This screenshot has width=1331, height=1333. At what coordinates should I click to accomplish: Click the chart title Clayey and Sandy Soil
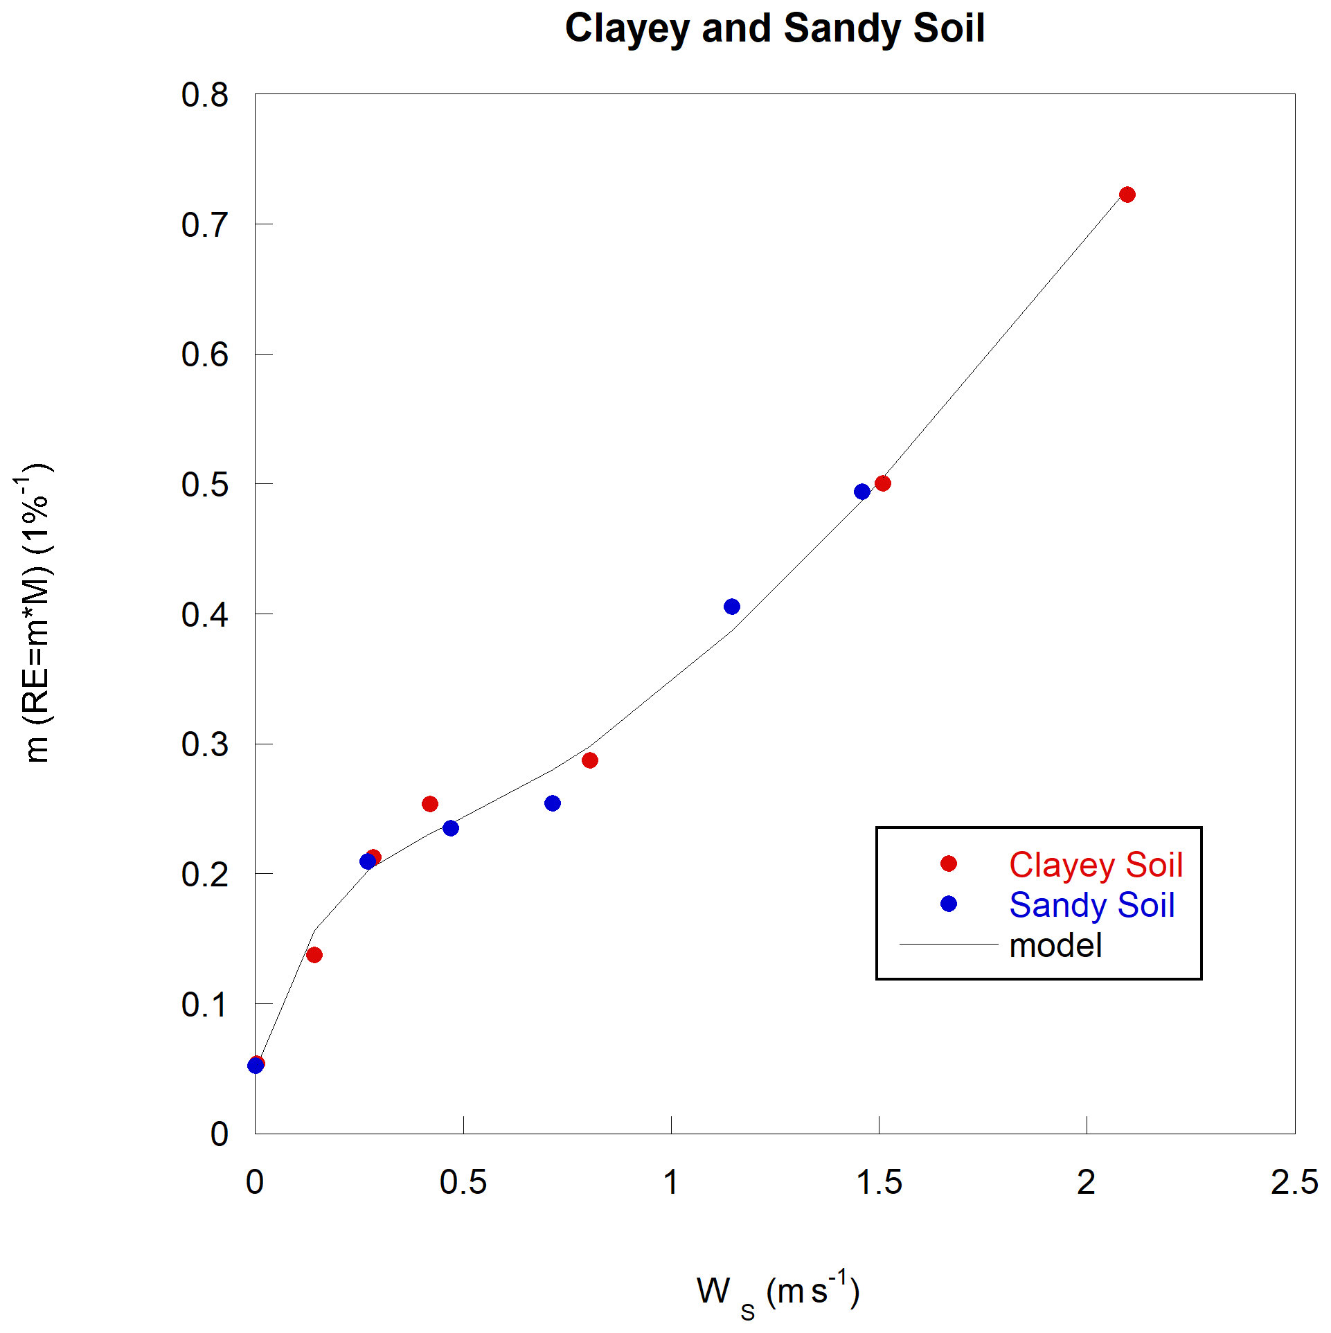click(x=775, y=29)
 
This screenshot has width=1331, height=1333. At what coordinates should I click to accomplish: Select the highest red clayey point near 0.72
click(x=1127, y=195)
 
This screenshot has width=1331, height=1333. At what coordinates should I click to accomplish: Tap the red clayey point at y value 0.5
click(x=882, y=483)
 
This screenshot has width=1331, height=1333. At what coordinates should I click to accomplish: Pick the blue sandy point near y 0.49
click(x=861, y=492)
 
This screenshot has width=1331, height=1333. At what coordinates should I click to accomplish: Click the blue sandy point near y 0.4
click(x=731, y=607)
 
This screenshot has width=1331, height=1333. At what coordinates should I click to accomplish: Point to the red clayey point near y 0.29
click(x=589, y=760)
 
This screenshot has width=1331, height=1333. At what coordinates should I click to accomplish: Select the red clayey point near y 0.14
click(x=314, y=955)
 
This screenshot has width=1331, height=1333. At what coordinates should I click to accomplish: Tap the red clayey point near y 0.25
click(x=429, y=804)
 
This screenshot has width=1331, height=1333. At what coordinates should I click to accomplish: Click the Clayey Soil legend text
click(x=1096, y=865)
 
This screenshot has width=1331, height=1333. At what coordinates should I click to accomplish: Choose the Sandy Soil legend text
click(x=1091, y=905)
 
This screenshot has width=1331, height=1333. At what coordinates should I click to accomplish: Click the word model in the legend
click(x=1055, y=945)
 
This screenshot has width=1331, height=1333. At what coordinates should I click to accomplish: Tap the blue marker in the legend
click(x=948, y=904)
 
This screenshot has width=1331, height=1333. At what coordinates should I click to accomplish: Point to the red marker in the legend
click(x=948, y=864)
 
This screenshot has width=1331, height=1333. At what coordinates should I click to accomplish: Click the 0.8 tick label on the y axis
click(x=204, y=95)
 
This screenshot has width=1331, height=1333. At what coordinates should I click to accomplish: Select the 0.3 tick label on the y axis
click(x=204, y=744)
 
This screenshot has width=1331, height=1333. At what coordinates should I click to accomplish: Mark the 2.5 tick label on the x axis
click(x=1294, y=1182)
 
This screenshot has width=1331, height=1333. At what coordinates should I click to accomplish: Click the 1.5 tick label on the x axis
click(x=879, y=1182)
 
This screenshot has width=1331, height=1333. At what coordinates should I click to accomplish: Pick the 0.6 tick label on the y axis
click(x=204, y=355)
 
